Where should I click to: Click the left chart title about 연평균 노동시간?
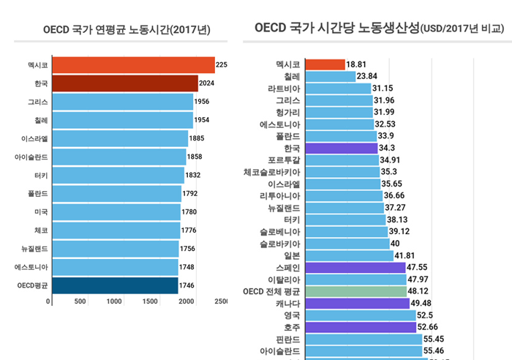pyautogui.click(x=127, y=30)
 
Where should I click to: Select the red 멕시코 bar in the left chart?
pyautogui.click(x=132, y=65)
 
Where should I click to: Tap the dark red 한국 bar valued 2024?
pyautogui.click(x=124, y=83)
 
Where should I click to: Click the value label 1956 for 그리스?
pyautogui.click(x=203, y=102)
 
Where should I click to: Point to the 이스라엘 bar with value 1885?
pyautogui.click(x=120, y=138)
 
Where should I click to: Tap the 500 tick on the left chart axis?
pyautogui.click(x=80, y=301)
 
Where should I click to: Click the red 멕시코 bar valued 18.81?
pyautogui.click(x=323, y=64)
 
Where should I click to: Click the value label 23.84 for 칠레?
pyautogui.click(x=366, y=76)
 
